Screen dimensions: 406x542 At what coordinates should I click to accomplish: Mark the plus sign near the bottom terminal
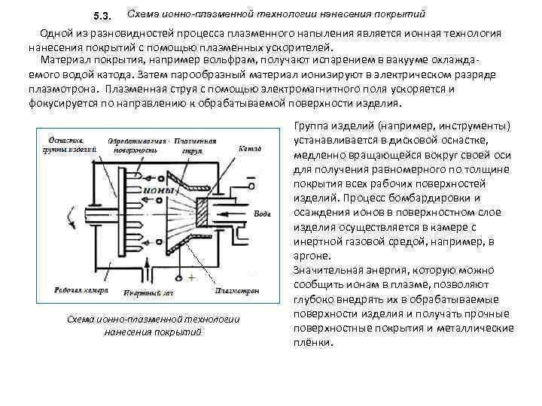(x=192, y=277)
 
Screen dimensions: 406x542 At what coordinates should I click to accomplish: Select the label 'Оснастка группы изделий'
(x=71, y=144)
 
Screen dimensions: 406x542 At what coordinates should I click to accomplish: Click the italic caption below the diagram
(x=153, y=326)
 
